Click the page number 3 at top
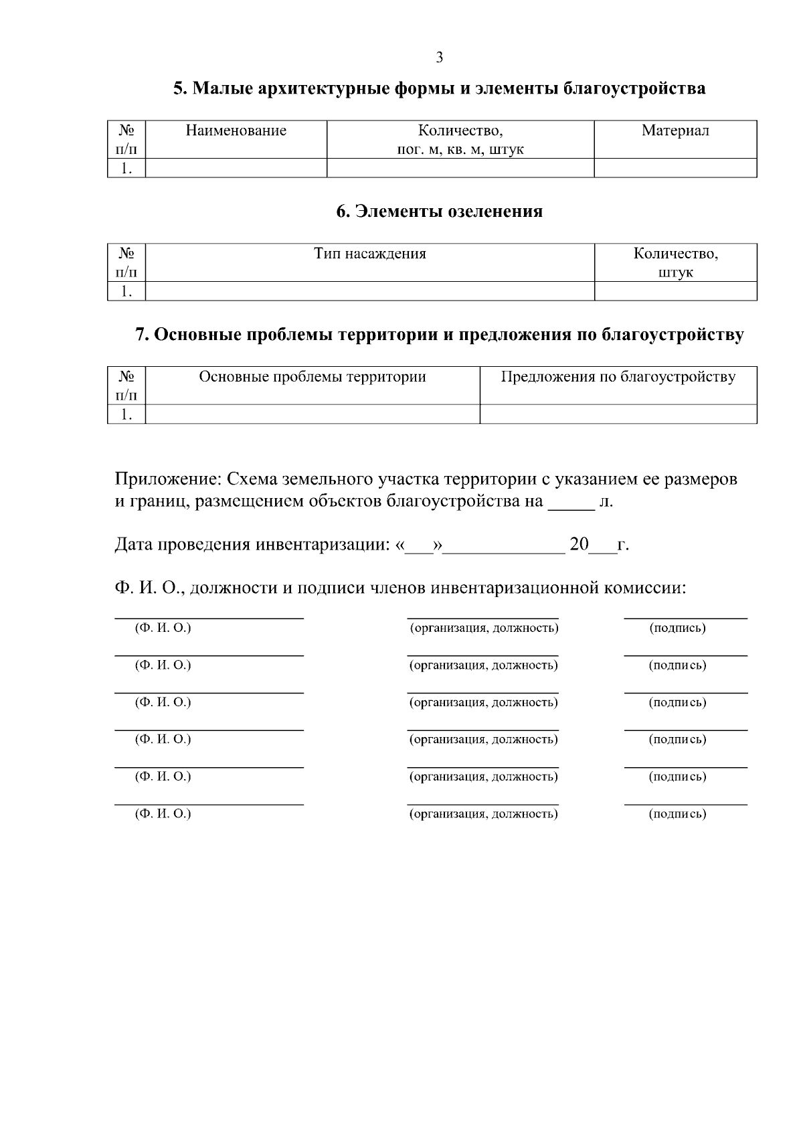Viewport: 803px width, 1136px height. click(x=439, y=58)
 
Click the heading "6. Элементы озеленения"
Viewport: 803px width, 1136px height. click(x=439, y=212)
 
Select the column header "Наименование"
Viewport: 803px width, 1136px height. click(x=236, y=131)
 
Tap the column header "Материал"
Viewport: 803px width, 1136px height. click(x=675, y=131)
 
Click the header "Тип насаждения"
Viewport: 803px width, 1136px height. click(x=369, y=254)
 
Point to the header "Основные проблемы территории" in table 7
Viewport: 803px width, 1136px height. click(x=313, y=377)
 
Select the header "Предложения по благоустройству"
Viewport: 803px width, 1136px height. click(x=618, y=377)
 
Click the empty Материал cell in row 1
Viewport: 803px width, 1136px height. click(x=675, y=168)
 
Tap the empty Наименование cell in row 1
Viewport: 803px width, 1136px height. click(x=236, y=168)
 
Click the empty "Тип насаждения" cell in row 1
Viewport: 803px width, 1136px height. click(x=369, y=291)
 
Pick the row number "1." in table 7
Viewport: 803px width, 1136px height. click(x=126, y=414)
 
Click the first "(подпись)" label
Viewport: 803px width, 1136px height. click(x=677, y=628)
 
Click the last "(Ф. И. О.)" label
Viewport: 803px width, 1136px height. click(x=163, y=814)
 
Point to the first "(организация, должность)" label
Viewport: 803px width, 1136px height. click(x=483, y=628)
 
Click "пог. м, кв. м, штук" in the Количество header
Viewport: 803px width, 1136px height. click(x=460, y=150)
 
